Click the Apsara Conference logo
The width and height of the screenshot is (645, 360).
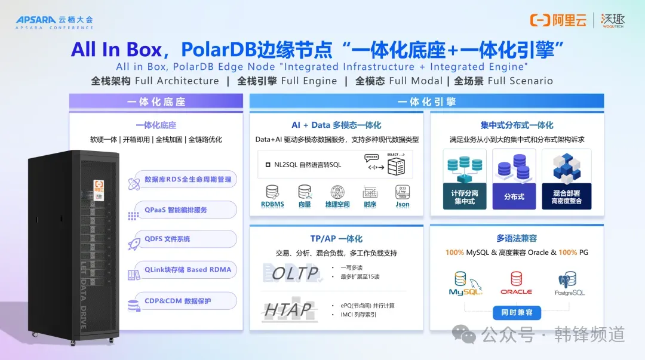coord(54,22)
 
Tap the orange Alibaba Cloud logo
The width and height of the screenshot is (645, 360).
coord(558,20)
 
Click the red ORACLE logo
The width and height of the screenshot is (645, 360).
coord(516,283)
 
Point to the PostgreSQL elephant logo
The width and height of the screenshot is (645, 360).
coord(569,283)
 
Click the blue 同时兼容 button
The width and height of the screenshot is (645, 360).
coord(517,312)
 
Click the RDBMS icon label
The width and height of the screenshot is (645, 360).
coord(272,204)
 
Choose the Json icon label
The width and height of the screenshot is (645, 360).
coord(403,204)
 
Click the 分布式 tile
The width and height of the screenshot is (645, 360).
coord(514,179)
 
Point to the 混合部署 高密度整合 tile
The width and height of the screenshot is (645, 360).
coord(566,179)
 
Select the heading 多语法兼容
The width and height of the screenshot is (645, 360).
coord(517,238)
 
